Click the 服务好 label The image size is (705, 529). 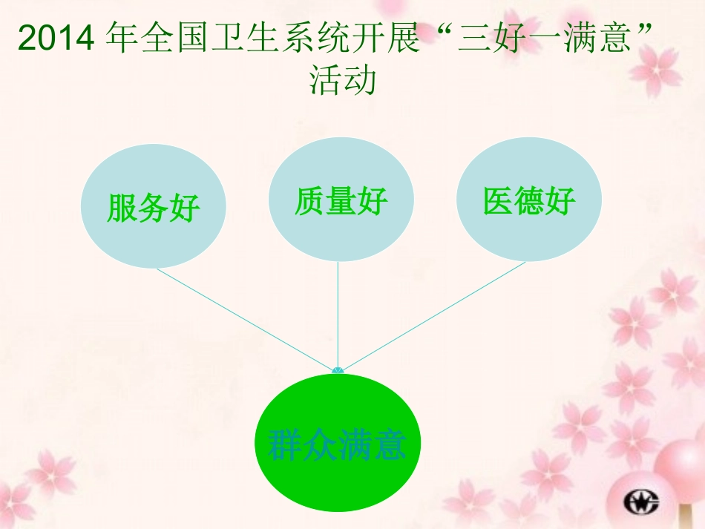(153, 208)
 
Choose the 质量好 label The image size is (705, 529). (341, 200)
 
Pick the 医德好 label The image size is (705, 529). (529, 200)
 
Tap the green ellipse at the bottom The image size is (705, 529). (338, 482)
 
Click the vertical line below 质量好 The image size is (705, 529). (338, 312)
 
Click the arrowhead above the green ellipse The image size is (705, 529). (338, 369)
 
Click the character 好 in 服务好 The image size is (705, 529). (186, 208)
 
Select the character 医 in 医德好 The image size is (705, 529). (498, 200)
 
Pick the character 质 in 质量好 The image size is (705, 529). (309, 200)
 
